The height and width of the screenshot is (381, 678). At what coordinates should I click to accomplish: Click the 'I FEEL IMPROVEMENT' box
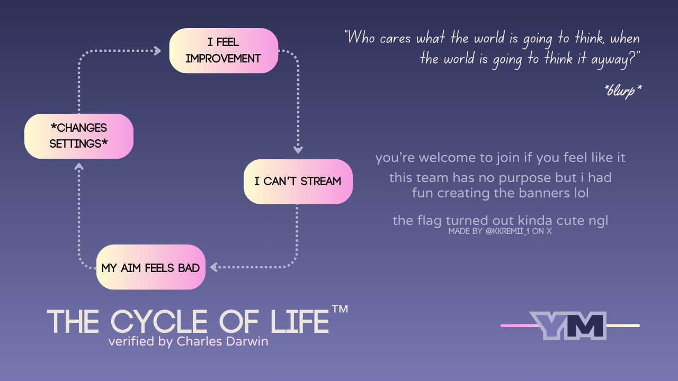[224, 50]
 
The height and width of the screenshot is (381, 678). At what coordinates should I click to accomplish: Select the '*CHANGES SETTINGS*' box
[79, 136]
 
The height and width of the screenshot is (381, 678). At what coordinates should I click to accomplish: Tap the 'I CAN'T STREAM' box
[298, 182]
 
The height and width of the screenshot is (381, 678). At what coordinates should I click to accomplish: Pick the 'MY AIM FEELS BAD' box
[151, 267]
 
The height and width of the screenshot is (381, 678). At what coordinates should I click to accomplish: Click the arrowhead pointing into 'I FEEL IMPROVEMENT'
[158, 50]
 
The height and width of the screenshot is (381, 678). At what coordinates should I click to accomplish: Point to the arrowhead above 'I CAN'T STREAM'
[298, 150]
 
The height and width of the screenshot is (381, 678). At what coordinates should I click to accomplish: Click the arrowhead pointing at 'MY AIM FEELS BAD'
[213, 267]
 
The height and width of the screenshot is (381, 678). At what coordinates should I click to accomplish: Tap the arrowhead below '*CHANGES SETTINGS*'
[79, 167]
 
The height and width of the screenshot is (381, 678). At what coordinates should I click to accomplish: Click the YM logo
[568, 325]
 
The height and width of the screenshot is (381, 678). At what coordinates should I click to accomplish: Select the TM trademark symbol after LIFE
[340, 309]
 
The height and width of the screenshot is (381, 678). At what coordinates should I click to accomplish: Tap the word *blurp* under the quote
[622, 90]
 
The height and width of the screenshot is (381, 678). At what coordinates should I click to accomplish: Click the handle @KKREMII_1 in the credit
[507, 231]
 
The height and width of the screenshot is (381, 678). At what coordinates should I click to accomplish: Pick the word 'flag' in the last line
[430, 221]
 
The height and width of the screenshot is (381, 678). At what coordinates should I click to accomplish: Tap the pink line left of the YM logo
[519, 325]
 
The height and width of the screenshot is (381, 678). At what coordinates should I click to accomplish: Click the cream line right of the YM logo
[623, 325]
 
